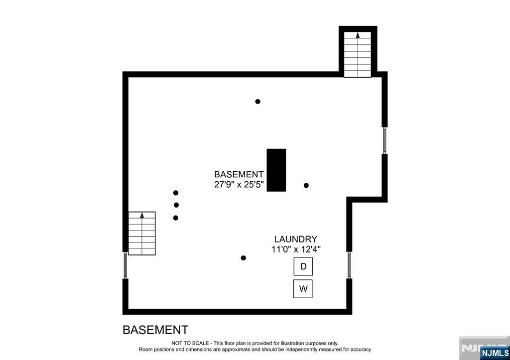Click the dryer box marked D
coord(303,266)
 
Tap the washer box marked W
coord(303,288)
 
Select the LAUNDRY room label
coord(296,239)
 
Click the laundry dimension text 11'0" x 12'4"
coord(296,249)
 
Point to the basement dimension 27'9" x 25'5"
coord(239,184)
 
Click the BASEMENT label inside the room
coord(239,174)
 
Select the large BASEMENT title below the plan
coord(155,330)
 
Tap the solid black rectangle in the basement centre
coord(276,170)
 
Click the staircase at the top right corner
coord(358,54)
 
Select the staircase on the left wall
coord(142,234)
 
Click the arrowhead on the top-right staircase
coord(358,35)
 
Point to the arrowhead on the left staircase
coord(142,215)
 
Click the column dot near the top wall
coord(257,102)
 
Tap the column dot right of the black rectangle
coord(306,185)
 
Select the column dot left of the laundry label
coord(244,258)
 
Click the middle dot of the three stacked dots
coord(176,205)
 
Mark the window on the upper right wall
coord(384,140)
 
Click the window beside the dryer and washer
coord(350,265)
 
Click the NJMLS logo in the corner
coord(495,353)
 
